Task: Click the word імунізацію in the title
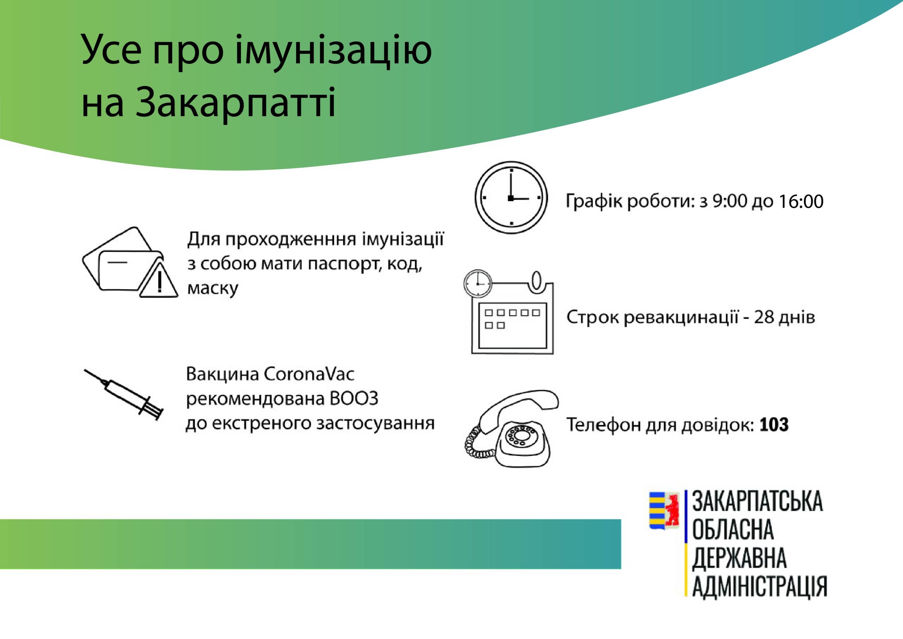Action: pos(333,51)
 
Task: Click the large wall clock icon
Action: pos(511,197)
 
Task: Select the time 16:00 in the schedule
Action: pos(801,201)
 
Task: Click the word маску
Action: pos(212,288)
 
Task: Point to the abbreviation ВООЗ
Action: pos(353,399)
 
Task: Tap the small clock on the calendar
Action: pos(478,283)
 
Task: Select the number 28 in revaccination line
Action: pos(764,317)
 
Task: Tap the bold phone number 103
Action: pos(774,424)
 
